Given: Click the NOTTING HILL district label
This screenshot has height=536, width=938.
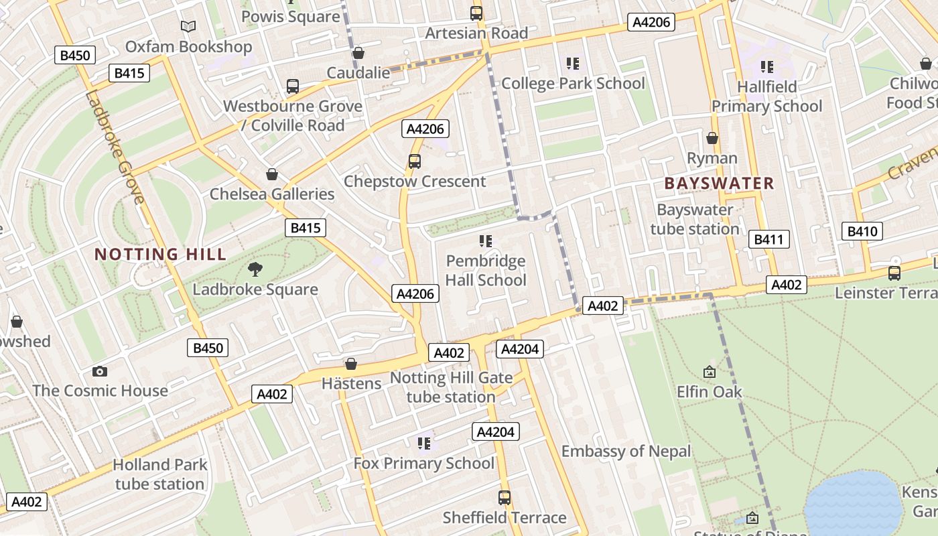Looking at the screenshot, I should (160, 255).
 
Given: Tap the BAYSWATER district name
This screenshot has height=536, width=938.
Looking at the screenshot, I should (719, 183).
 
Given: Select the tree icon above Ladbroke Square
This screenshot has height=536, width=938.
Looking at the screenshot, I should (255, 269).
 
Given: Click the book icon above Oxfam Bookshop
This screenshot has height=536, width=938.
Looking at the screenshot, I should (189, 27).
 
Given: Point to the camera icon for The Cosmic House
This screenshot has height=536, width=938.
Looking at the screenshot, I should (100, 371).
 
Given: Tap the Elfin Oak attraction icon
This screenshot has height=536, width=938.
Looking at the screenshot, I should (709, 371).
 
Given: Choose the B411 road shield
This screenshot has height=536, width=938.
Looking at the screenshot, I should (768, 239).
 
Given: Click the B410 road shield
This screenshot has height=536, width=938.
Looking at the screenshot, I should (862, 231).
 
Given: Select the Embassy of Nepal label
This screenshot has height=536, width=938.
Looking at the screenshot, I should (626, 452).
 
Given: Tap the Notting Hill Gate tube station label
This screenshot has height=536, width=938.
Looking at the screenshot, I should (452, 387).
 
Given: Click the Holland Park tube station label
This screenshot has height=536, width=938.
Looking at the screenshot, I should (159, 474).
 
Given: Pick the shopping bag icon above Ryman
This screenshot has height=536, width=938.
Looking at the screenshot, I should (712, 138).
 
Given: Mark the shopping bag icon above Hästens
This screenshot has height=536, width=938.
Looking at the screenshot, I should (351, 364).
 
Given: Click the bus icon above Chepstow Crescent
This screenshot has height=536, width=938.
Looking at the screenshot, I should (415, 161).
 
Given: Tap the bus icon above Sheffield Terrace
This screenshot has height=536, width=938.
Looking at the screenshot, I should (505, 498).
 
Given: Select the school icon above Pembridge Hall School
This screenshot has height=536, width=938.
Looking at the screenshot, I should (486, 241).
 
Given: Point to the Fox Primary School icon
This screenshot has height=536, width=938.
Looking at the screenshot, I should (423, 443).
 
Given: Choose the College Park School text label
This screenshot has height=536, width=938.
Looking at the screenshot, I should (573, 84).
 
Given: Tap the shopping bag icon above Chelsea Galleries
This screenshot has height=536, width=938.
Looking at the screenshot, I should (272, 174).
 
